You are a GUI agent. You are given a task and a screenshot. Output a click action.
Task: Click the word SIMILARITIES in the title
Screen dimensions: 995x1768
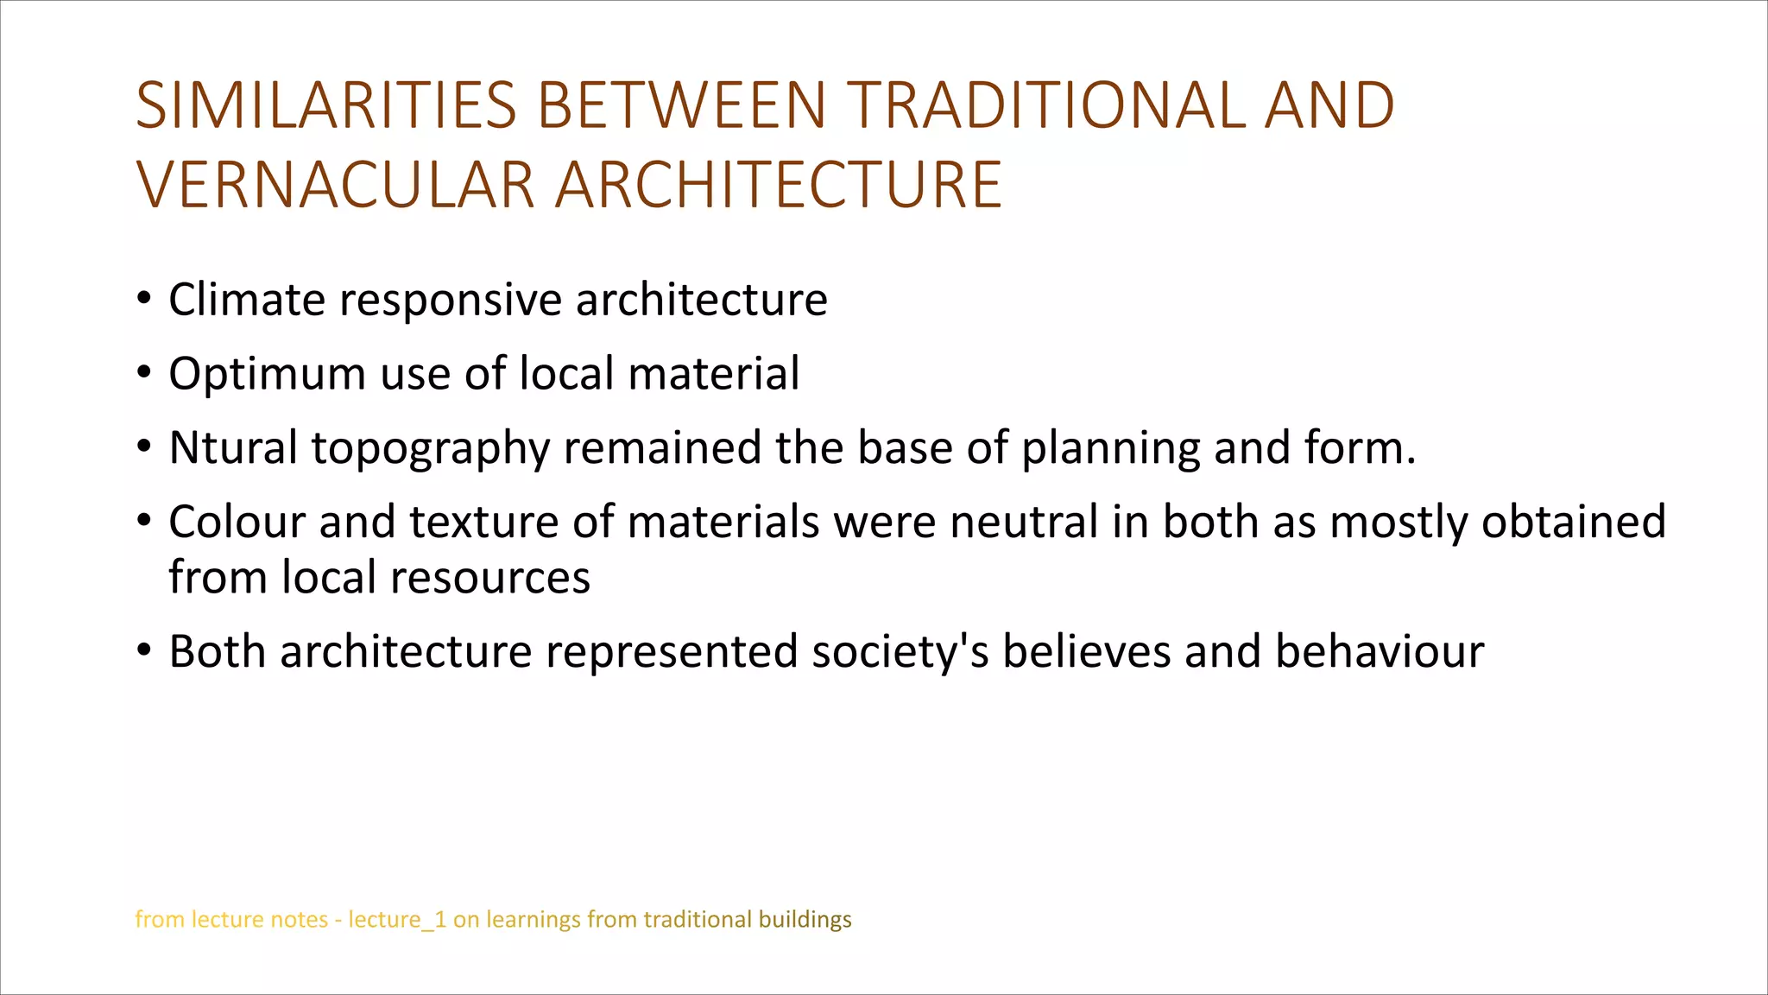point(326,106)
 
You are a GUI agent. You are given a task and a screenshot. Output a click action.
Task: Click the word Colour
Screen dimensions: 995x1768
point(237,523)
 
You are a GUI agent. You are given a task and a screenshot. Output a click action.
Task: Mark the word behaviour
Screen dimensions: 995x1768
point(1380,652)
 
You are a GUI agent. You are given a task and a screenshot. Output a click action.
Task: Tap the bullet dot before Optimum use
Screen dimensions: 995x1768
point(144,373)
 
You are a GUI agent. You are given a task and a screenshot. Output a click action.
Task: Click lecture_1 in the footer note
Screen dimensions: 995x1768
point(397,920)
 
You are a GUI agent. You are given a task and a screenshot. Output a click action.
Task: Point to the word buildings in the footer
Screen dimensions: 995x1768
point(805,920)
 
